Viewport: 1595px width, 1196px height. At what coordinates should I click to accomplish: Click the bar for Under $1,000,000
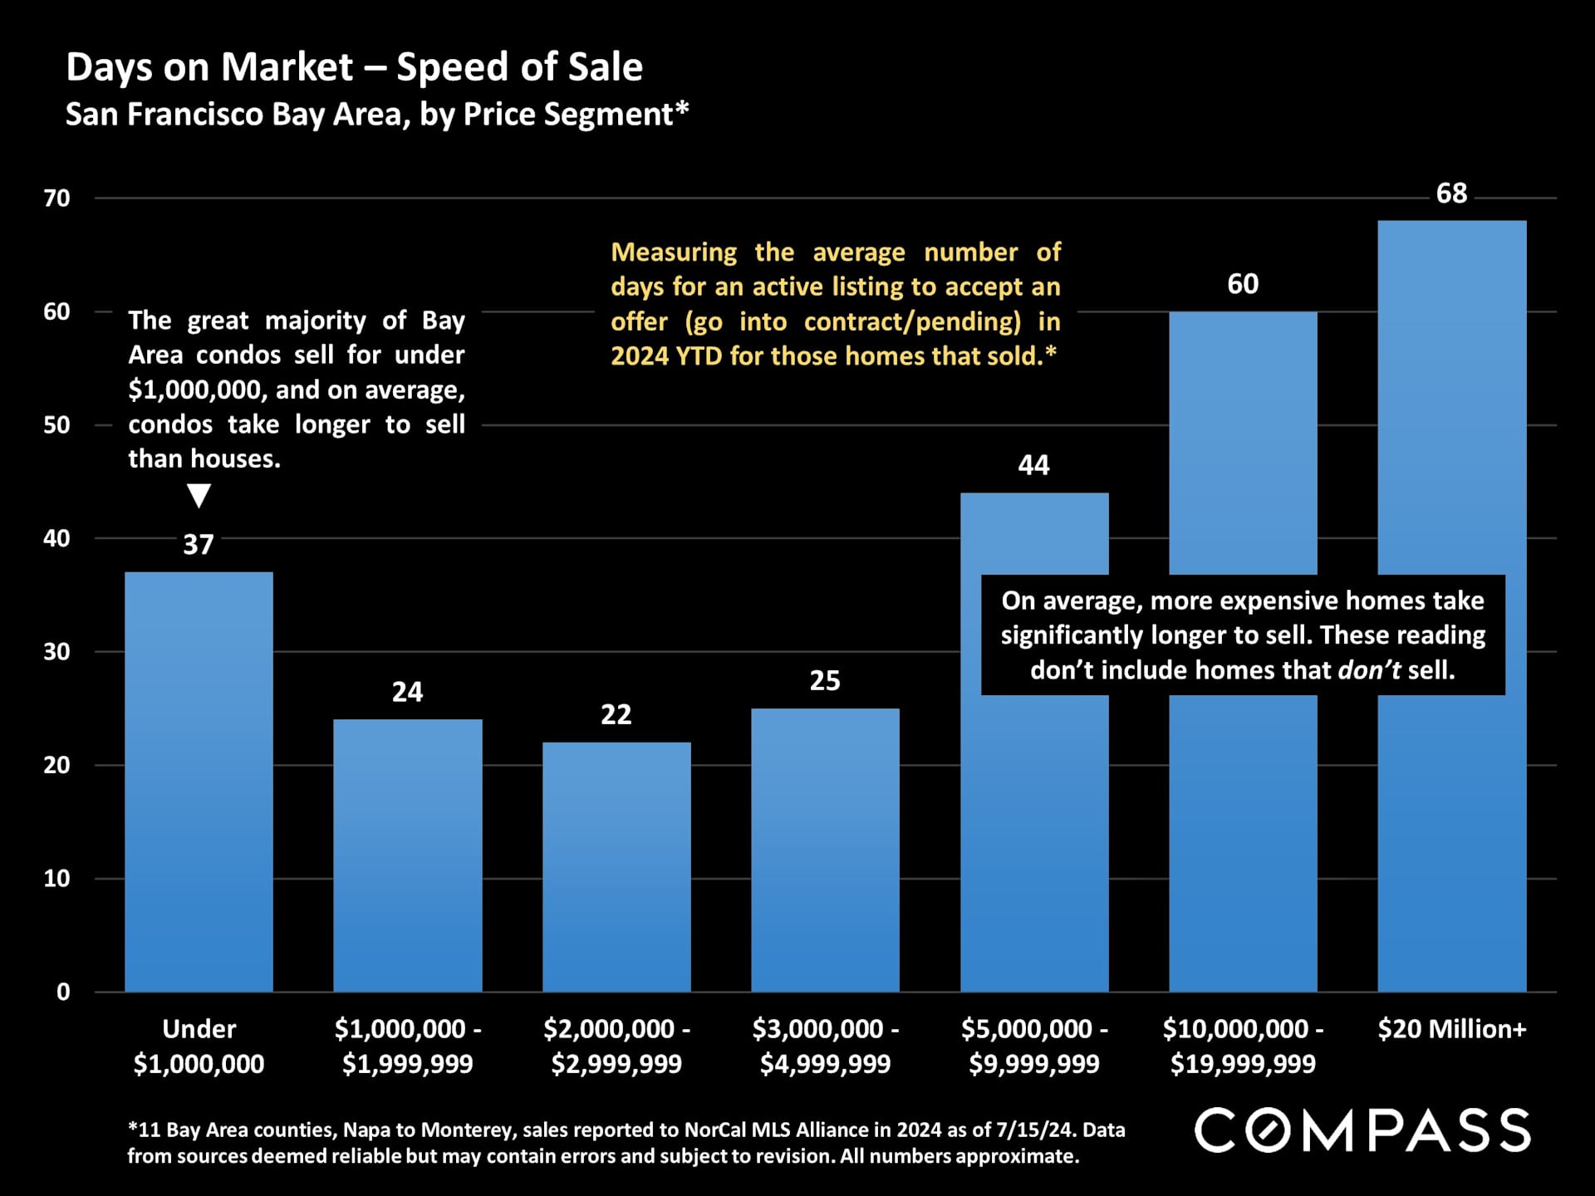[x=199, y=781]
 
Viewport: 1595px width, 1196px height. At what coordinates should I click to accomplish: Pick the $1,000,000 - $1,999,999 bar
[x=407, y=855]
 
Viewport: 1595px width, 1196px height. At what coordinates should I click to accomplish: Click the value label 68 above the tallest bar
[x=1451, y=194]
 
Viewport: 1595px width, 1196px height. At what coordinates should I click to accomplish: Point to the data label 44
[x=1033, y=465]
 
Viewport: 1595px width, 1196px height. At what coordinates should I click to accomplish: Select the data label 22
[x=616, y=714]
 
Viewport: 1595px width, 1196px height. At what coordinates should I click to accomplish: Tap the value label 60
[x=1243, y=284]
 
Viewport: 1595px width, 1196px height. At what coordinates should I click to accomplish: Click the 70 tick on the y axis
[x=57, y=199]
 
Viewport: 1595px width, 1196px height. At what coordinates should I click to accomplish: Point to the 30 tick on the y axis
[x=57, y=652]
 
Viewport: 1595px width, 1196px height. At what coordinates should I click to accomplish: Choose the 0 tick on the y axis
[x=63, y=992]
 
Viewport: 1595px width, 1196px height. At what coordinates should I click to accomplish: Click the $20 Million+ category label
[x=1451, y=1029]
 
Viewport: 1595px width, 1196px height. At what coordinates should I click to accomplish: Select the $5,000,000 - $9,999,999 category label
[x=1033, y=1046]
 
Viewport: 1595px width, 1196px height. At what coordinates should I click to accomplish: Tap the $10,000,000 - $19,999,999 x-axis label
[x=1243, y=1046]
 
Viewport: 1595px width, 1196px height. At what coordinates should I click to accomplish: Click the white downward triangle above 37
[x=199, y=495]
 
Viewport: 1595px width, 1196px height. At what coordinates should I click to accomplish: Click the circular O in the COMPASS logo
[x=1268, y=1130]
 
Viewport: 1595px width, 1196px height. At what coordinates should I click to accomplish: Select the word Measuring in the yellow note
[x=674, y=252]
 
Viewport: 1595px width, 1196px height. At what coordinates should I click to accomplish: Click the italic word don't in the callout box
[x=1369, y=670]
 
